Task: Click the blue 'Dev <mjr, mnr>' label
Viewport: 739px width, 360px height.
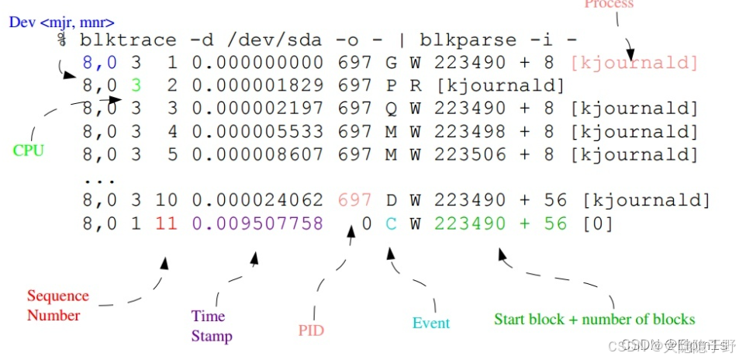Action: click(x=61, y=22)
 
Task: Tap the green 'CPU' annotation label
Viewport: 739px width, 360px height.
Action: click(x=29, y=151)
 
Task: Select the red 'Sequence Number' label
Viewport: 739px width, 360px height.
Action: click(x=57, y=306)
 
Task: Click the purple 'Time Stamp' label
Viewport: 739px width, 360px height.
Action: click(x=211, y=326)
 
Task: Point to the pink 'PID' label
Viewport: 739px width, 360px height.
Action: click(x=311, y=331)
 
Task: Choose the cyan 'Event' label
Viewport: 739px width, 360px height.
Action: click(x=431, y=323)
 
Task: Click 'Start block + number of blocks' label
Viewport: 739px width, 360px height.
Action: click(x=594, y=319)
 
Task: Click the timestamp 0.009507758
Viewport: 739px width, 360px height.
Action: click(x=257, y=224)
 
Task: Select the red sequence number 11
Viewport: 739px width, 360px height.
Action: click(x=166, y=224)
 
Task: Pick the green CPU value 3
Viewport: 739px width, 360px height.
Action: click(x=136, y=85)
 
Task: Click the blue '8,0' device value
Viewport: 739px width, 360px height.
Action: click(x=98, y=63)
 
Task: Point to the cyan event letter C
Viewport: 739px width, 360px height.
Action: click(x=392, y=224)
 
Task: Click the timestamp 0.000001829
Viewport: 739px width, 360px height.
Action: click(x=257, y=85)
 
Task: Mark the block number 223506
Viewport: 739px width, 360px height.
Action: click(x=469, y=154)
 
